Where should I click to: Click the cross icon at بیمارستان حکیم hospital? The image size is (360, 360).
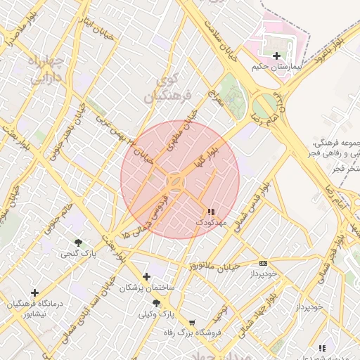[276, 56]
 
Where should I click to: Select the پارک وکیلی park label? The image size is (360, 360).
[156, 314]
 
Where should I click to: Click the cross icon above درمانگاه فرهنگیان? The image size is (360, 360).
[34, 292]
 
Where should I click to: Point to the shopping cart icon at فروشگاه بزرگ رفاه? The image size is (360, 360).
[192, 322]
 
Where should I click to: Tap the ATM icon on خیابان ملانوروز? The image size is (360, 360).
[263, 263]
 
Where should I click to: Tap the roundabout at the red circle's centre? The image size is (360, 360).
[176, 182]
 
